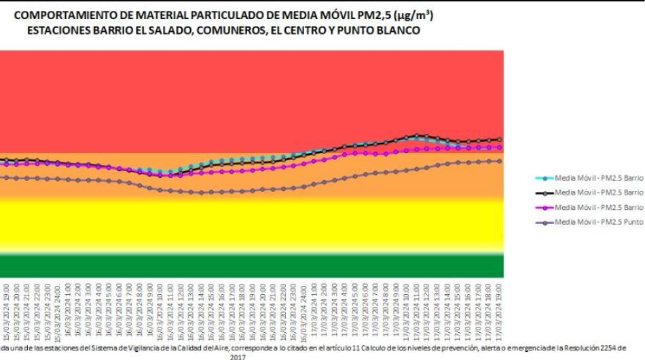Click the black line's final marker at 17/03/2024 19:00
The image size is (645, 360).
click(500, 139)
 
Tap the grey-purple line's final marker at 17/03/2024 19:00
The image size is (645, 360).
click(500, 161)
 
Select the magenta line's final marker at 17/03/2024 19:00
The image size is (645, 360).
click(500, 147)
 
